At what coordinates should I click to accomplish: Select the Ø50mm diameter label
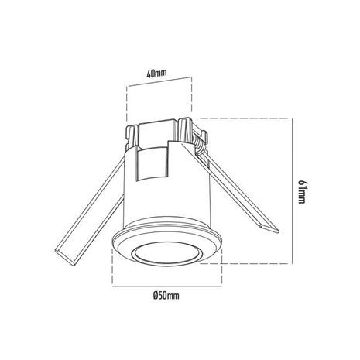pos(166,295)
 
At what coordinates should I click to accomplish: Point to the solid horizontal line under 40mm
pos(157,84)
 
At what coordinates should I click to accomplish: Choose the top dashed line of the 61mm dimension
pos(248,118)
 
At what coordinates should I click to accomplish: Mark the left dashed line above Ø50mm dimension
pos(115,267)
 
